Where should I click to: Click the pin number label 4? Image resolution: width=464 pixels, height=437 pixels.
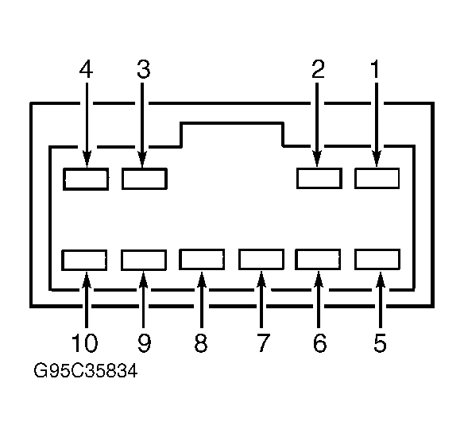(86, 69)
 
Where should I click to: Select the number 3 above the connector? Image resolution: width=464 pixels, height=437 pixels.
(144, 69)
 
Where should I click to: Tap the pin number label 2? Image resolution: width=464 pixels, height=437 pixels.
(319, 69)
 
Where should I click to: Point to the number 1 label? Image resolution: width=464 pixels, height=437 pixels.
(375, 69)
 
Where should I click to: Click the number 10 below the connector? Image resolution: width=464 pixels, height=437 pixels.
(85, 343)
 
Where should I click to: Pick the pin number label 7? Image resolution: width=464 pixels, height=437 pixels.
(262, 343)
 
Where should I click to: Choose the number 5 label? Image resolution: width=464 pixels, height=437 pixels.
(380, 343)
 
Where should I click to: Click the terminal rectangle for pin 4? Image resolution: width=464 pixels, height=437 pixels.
(86, 179)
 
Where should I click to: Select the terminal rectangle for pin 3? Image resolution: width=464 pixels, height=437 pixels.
(145, 179)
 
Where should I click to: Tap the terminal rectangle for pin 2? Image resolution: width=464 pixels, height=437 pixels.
(319, 178)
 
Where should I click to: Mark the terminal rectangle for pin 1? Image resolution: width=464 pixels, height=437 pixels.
(377, 178)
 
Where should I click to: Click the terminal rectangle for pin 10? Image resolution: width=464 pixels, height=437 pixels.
(84, 260)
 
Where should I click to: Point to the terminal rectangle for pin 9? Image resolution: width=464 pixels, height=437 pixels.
(144, 260)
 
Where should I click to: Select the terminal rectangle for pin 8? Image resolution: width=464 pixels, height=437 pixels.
(202, 260)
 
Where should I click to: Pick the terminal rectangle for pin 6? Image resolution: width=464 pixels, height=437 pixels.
(318, 260)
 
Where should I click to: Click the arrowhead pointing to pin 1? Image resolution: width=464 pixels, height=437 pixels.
(377, 159)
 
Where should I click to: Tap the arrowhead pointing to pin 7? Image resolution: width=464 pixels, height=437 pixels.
(261, 280)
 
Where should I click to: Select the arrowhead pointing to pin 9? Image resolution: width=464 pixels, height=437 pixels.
(143, 280)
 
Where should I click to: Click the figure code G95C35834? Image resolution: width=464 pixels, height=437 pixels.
(86, 371)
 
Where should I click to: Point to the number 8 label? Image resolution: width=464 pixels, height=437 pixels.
(201, 343)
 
